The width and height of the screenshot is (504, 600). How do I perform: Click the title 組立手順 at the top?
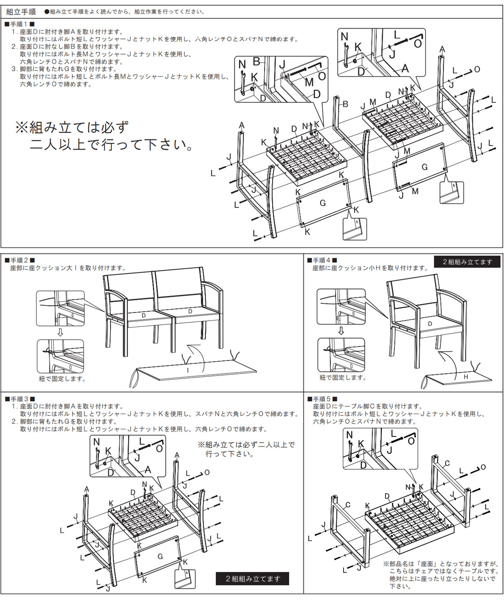pos(21,12)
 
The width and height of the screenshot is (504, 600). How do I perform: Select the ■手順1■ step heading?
pos(19,24)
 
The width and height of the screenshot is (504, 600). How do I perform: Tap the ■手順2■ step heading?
pos(19,260)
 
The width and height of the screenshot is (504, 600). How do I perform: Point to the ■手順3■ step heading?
pos(19,399)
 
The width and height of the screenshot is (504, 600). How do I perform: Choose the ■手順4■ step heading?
pos(322,260)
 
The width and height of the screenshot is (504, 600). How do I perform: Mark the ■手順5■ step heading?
pos(322,399)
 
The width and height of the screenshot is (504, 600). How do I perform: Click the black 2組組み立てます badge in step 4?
pos(467,262)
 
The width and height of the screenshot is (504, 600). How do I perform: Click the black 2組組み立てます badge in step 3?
pos(252,579)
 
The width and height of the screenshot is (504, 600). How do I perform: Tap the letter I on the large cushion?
pos(188,370)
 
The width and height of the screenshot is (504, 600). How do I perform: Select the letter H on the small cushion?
pos(466,377)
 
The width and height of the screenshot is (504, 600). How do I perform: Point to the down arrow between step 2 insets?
pos(60,332)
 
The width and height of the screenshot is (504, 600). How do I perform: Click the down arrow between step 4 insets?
pos(341,331)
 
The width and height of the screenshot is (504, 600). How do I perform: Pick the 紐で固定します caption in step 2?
pos(62,379)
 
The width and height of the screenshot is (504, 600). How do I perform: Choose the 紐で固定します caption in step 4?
pos(343,378)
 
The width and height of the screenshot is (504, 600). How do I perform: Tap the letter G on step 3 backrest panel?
pos(160,556)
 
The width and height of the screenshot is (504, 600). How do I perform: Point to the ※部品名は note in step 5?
pos(441,575)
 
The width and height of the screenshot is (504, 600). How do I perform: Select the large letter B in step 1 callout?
pos(256,62)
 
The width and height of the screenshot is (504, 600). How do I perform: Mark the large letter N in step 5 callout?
pos(349,435)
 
